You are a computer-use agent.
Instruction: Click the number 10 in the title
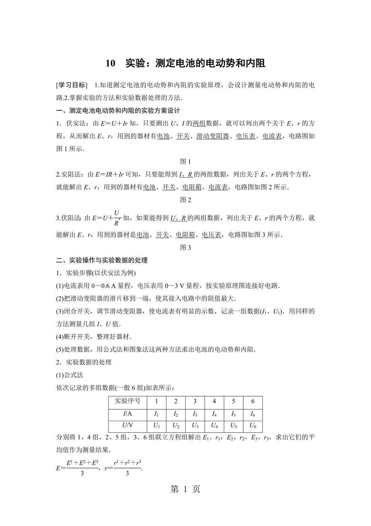(x=110, y=63)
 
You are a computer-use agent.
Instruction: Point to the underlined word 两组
(x=200, y=124)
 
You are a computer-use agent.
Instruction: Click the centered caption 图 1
(x=185, y=162)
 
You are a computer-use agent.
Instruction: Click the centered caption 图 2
(x=185, y=200)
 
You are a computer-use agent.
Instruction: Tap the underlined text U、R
(x=178, y=218)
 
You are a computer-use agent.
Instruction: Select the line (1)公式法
(x=69, y=375)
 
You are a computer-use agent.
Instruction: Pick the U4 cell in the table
(x=214, y=426)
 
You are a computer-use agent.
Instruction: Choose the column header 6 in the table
(x=253, y=402)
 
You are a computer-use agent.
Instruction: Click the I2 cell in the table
(x=176, y=414)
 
